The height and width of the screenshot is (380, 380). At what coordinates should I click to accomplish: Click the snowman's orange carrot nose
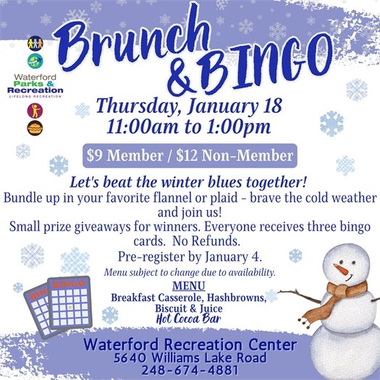pyautogui.click(x=340, y=270)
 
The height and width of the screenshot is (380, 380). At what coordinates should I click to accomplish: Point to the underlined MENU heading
pyautogui.click(x=193, y=285)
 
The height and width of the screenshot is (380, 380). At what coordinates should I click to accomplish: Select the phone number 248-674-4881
pyautogui.click(x=190, y=370)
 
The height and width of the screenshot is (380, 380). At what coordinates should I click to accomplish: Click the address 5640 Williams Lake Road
pyautogui.click(x=190, y=358)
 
